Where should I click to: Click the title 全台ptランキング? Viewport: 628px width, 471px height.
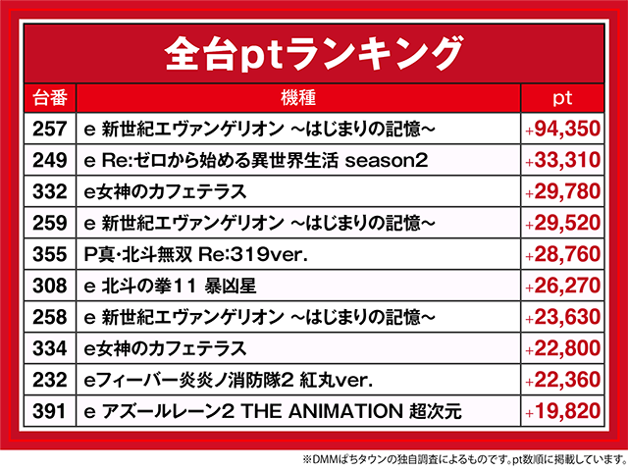(313, 49)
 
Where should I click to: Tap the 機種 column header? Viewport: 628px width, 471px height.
(297, 98)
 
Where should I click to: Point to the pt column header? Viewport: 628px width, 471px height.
(562, 98)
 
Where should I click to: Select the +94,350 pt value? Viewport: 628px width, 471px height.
(562, 129)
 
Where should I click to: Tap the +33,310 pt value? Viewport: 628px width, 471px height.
(562, 160)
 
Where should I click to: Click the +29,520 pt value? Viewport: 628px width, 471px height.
(562, 223)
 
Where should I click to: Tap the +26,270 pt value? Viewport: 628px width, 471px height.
(562, 286)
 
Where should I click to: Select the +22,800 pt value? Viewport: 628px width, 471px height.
(562, 348)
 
